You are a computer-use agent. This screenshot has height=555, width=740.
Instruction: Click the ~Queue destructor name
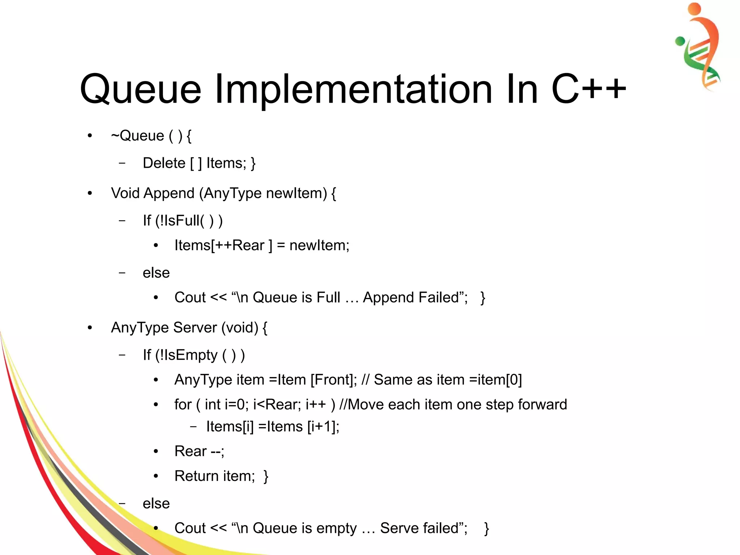point(138,136)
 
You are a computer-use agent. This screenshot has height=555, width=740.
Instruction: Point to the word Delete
point(164,163)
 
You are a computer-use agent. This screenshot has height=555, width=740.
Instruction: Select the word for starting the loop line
point(183,405)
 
